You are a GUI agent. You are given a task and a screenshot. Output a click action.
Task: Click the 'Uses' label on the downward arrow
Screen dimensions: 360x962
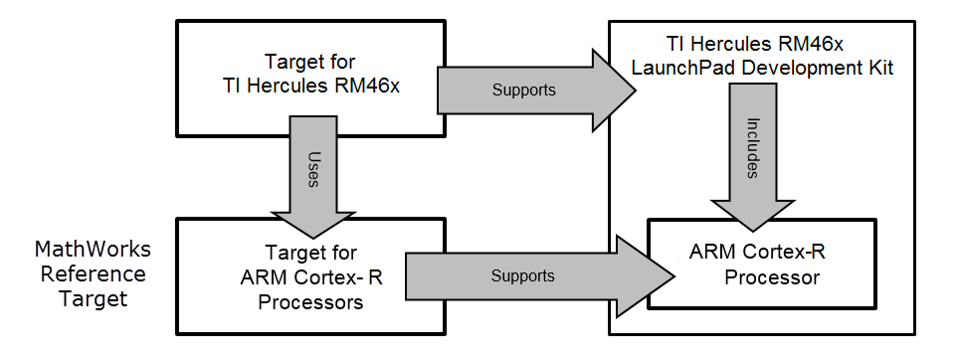(x=313, y=160)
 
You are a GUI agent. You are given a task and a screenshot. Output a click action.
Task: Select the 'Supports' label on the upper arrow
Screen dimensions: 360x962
(x=523, y=90)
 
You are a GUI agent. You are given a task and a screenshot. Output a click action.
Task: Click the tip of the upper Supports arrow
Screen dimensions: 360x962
(x=633, y=90)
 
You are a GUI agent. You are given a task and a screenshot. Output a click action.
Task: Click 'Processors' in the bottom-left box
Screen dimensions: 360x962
(x=310, y=303)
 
